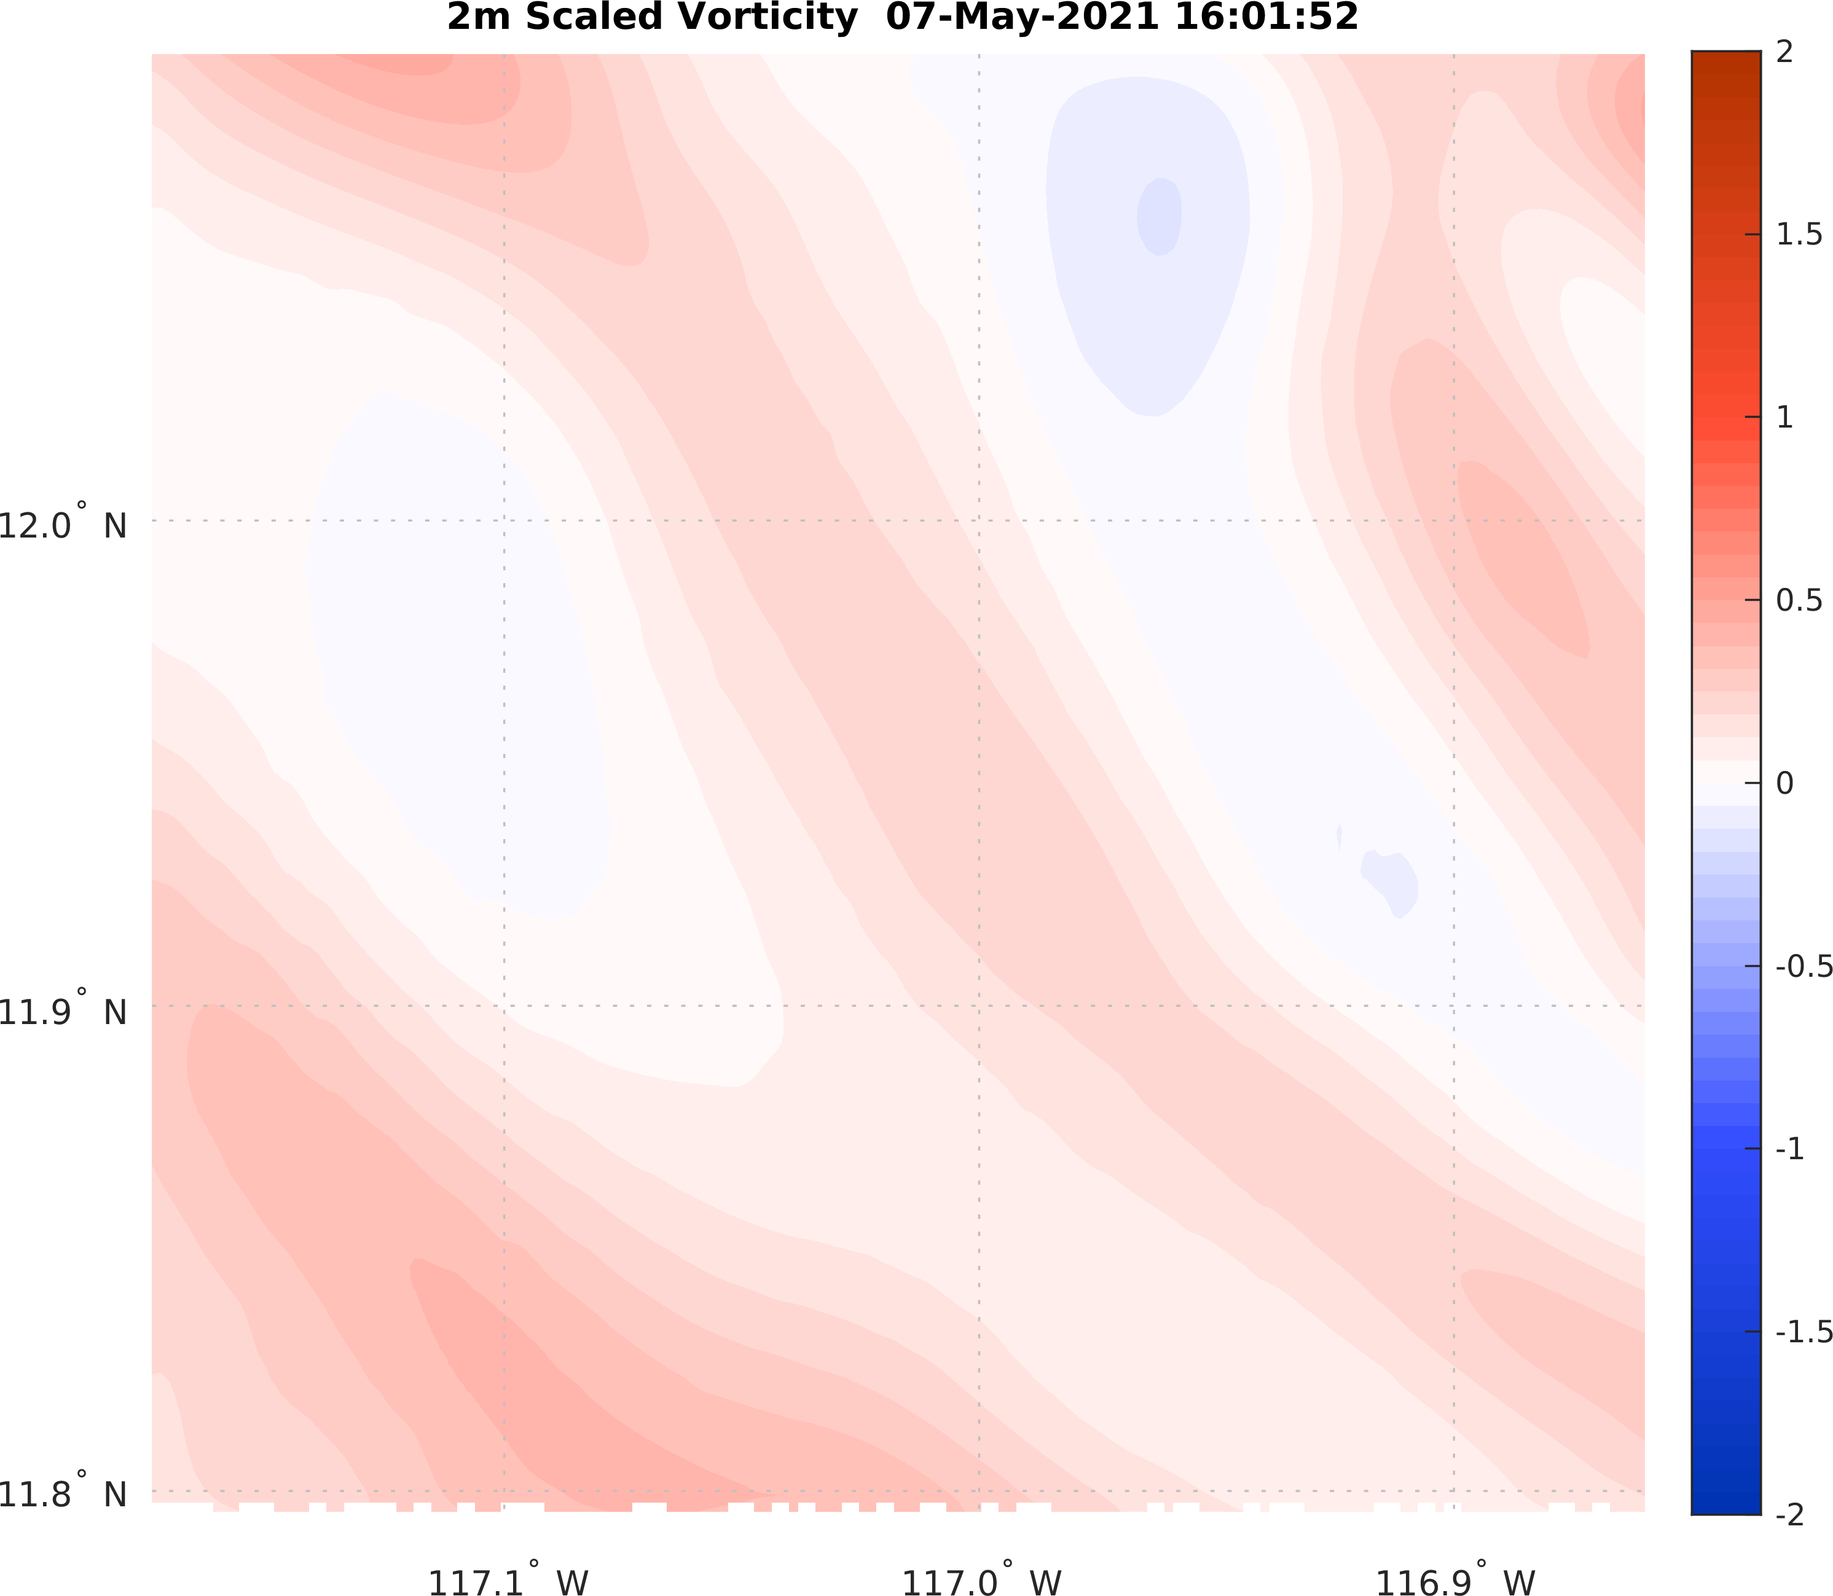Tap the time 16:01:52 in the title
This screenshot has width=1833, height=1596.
pos(1266,18)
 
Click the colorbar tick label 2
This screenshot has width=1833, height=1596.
pos(1784,52)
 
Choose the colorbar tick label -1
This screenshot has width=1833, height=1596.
pos(1789,1149)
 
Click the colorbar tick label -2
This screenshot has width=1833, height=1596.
pos(1789,1514)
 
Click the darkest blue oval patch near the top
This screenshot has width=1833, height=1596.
pos(1160,216)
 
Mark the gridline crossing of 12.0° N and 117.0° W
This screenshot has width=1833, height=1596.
pos(979,520)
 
